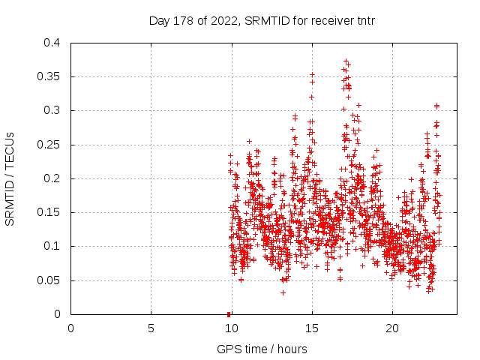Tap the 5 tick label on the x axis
[151, 328]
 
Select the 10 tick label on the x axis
[231, 328]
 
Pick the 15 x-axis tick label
[311, 328]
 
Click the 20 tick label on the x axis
[391, 328]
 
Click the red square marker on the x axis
[229, 313]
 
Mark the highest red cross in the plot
[346, 61]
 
